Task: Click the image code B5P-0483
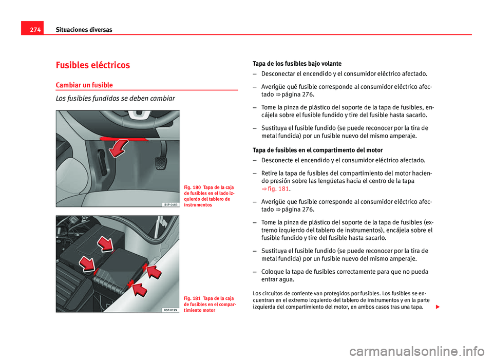172,204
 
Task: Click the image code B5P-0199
172,310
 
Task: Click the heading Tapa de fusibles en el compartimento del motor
317,150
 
